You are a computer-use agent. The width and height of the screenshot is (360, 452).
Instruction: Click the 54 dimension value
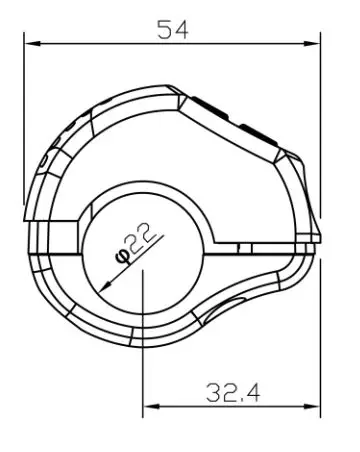(x=173, y=30)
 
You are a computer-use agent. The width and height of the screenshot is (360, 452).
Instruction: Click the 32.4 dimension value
(x=233, y=393)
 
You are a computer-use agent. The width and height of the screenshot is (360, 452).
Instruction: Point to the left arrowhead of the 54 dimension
(x=33, y=43)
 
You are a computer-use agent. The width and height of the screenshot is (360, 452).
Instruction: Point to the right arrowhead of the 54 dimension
(x=312, y=43)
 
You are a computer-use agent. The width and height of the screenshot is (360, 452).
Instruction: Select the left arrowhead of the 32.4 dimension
(x=151, y=406)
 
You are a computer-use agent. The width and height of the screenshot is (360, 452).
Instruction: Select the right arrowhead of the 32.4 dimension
(x=312, y=406)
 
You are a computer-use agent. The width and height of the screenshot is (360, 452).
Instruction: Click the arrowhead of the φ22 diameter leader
(x=105, y=286)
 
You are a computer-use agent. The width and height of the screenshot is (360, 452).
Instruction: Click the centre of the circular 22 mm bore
(x=142, y=254)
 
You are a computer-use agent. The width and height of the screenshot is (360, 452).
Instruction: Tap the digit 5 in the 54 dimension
(x=164, y=30)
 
